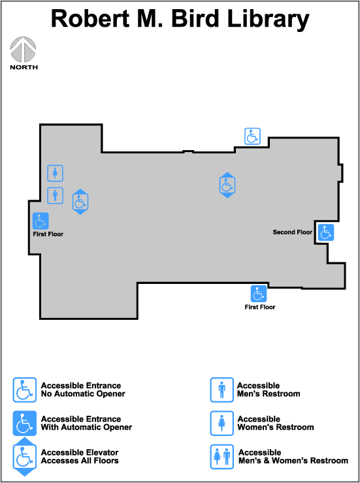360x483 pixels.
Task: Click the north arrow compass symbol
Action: (23, 50)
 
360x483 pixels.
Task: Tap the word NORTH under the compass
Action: (24, 67)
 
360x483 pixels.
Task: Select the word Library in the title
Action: (268, 20)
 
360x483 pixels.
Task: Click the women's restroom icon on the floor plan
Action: (55, 173)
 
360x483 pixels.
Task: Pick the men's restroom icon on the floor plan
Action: (55, 196)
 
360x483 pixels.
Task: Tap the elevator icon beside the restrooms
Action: (80, 202)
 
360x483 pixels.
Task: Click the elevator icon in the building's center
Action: (227, 185)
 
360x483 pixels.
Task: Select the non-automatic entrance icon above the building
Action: (252, 136)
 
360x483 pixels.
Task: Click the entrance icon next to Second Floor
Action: (326, 232)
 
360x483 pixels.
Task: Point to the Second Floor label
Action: (293, 232)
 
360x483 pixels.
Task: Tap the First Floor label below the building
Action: (260, 307)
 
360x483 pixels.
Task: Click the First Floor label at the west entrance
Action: (48, 234)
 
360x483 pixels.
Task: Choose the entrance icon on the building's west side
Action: (41, 221)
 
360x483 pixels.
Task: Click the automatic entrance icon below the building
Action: (259, 294)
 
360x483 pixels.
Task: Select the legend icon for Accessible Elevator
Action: (25, 456)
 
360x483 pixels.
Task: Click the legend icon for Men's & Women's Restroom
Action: (222, 456)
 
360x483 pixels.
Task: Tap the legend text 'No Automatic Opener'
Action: (83, 394)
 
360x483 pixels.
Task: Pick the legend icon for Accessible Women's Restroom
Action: (222, 423)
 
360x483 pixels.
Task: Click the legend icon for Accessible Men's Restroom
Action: (222, 390)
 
